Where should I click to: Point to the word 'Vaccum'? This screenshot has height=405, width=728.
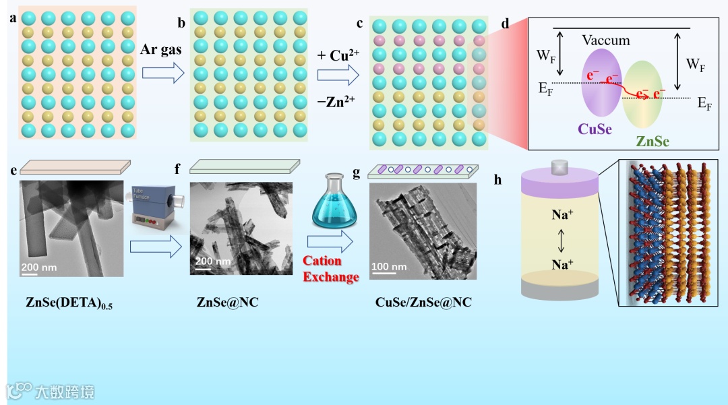coord(607,40)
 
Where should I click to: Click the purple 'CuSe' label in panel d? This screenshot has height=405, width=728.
coord(595,129)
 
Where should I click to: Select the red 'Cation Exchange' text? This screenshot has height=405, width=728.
coord(330,268)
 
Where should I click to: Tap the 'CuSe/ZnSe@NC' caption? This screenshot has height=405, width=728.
coord(423,303)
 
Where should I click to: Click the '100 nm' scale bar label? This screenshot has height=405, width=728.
coord(390,267)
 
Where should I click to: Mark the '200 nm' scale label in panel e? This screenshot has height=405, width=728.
coord(38,267)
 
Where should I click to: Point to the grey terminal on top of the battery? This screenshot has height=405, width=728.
coord(559,166)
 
